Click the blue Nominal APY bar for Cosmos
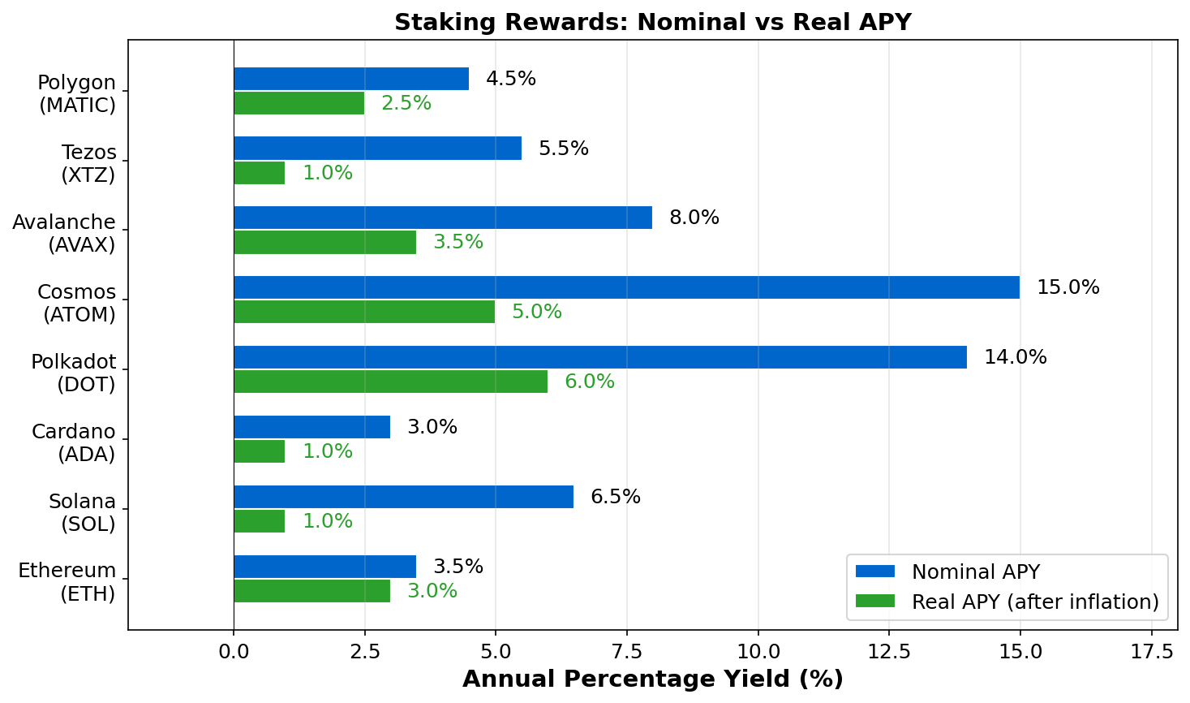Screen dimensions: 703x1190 click(626, 287)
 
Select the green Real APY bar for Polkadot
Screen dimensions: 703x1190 click(390, 382)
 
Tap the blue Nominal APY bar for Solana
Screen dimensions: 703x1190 click(403, 497)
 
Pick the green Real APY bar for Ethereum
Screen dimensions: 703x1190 click(311, 591)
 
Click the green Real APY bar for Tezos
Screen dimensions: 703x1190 click(260, 173)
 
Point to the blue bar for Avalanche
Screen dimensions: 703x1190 click(443, 218)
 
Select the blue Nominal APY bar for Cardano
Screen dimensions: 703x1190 click(311, 427)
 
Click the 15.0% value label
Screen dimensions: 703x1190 click(1068, 287)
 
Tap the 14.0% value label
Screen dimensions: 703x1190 click(1016, 357)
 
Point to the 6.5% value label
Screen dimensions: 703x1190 click(616, 497)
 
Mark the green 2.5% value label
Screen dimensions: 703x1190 click(406, 103)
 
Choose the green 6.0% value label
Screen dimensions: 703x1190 click(590, 382)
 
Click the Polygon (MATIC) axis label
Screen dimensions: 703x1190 click(77, 93)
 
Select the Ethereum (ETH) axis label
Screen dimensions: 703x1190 click(67, 582)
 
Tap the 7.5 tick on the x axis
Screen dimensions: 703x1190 click(626, 651)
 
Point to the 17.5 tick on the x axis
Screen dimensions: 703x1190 click(1152, 651)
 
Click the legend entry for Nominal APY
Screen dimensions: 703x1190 click(975, 571)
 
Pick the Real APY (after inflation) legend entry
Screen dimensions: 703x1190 click(1035, 602)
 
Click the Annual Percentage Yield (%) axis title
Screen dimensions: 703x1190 click(653, 679)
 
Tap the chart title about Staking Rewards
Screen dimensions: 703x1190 click(653, 22)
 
